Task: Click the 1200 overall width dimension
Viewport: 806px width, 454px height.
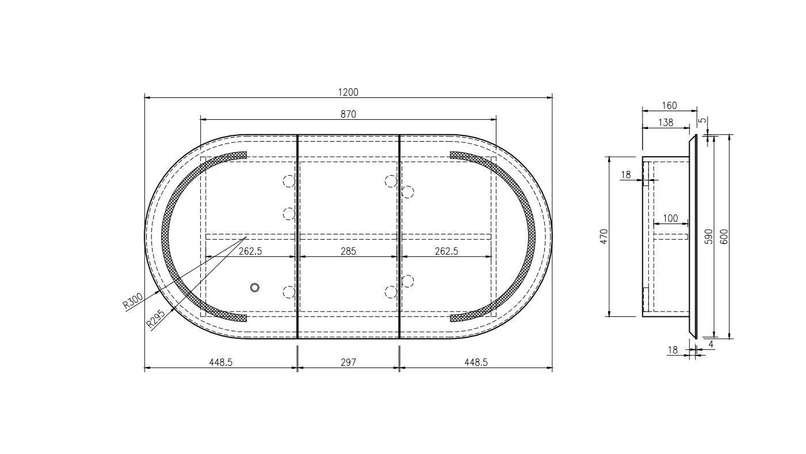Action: coord(348,92)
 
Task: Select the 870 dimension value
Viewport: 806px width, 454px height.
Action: coord(348,114)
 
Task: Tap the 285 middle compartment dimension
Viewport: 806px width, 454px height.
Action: coord(348,251)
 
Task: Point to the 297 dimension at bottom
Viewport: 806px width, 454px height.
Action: coord(348,362)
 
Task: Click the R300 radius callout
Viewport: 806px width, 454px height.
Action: coord(133,301)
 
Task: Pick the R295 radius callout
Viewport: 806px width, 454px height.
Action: coord(155,319)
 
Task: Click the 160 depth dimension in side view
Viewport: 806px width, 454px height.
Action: coord(669,105)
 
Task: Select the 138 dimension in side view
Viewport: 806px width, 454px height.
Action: coord(666,123)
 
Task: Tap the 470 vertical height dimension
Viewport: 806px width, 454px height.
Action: coord(604,236)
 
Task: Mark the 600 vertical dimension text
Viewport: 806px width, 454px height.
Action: coord(724,236)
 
